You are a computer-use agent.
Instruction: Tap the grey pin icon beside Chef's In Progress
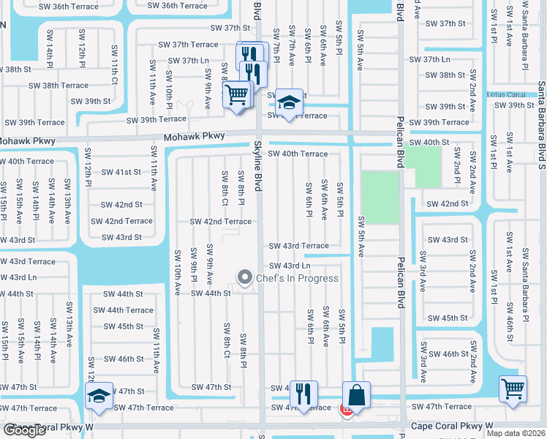click(244, 277)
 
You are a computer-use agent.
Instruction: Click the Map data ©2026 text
click(516, 433)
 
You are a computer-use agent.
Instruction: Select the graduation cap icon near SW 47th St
click(99, 395)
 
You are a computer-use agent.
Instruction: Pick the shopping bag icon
click(356, 395)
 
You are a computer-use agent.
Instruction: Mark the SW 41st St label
click(121, 172)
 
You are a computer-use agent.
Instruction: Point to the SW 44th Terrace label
click(129, 310)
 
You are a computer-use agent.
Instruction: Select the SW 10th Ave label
click(177, 271)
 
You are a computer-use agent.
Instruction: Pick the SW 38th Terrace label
click(59, 86)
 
